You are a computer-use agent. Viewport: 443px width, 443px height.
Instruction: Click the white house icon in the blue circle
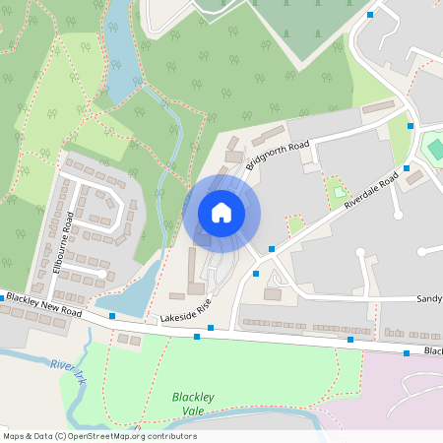coord(221,213)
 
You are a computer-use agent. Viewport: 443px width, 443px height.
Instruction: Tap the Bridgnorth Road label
coord(278,156)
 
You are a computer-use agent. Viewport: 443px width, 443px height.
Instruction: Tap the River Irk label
coord(66,369)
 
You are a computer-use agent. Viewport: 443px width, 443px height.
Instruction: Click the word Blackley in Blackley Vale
coord(193,397)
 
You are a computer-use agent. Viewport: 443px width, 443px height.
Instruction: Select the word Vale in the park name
coord(194,411)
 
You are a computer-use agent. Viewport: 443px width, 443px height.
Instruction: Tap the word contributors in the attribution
coord(171,436)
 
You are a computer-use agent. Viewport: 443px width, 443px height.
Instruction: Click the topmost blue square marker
coord(370,15)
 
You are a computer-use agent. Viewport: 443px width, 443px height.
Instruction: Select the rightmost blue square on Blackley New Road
coord(407,351)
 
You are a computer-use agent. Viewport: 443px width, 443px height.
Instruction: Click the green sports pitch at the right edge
coord(434,149)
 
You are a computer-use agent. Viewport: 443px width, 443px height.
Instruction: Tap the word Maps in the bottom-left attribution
coord(14,436)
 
